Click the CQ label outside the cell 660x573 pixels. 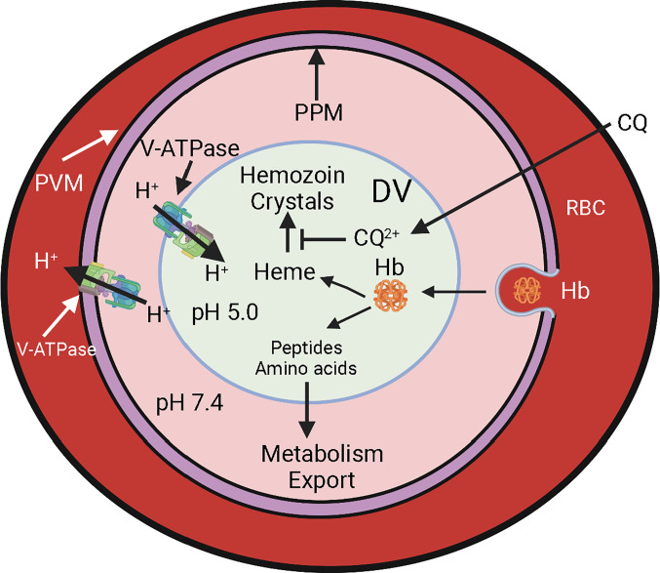[633, 127]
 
